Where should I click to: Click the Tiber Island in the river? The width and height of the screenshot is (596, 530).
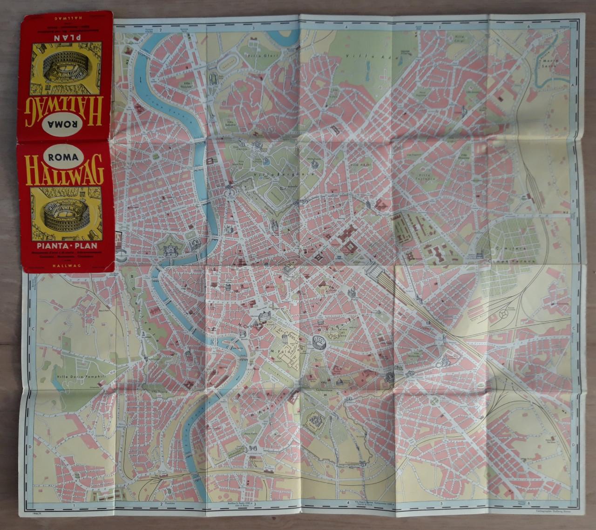coord(231,347)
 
